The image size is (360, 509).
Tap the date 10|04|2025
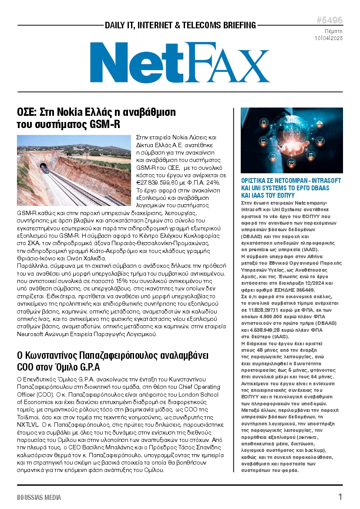tap(329, 38)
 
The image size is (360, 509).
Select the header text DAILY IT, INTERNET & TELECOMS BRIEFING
tap(180, 25)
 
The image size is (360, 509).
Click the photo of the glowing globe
tap(292, 140)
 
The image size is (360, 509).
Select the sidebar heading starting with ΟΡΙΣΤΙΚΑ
tap(291, 188)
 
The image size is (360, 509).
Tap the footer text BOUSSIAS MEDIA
tap(39, 497)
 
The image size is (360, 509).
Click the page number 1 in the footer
tap(340, 497)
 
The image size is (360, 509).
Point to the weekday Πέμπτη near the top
tap(333, 31)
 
